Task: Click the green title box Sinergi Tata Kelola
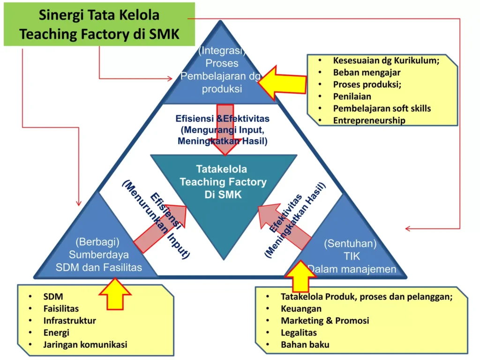tap(99, 24)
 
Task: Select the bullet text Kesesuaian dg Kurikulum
tap(386, 60)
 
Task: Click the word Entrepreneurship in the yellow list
tap(369, 120)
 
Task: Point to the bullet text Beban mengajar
tap(367, 72)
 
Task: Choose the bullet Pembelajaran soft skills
tap(382, 108)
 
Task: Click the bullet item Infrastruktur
tap(69, 321)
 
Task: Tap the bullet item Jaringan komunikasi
tap(85, 345)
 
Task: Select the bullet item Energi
tap(56, 332)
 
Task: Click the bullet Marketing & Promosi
tap(325, 321)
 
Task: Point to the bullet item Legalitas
tap(299, 332)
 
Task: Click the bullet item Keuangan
tap(301, 308)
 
